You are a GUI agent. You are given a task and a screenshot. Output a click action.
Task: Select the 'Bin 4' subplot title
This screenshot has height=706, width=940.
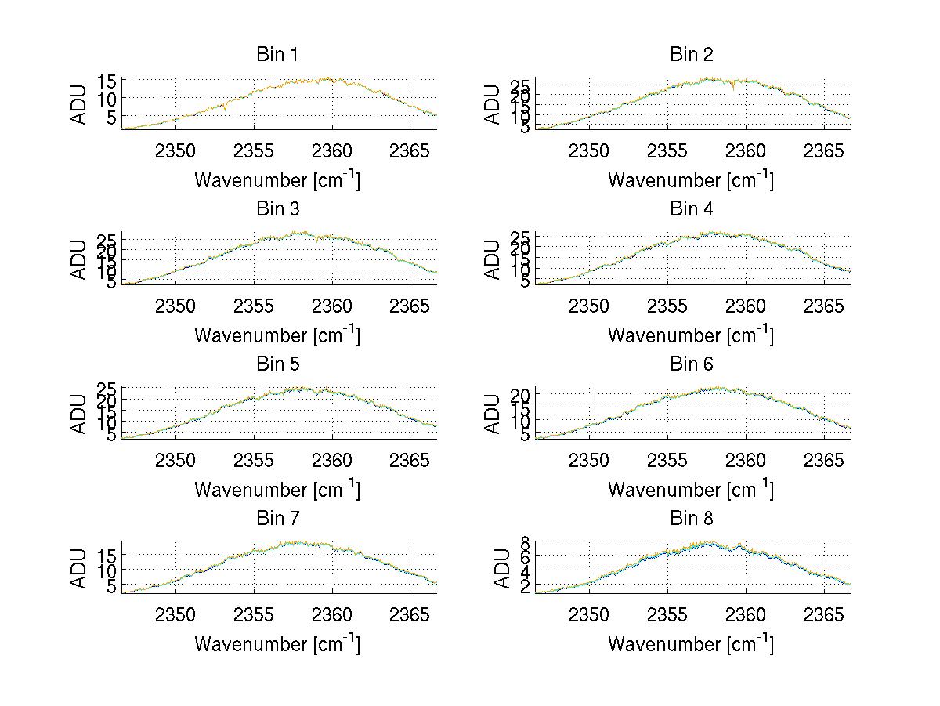click(x=691, y=209)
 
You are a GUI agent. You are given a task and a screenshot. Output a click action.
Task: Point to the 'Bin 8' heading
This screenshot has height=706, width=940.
click(x=691, y=519)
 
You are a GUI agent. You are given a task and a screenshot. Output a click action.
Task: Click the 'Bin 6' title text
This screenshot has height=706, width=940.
click(x=691, y=364)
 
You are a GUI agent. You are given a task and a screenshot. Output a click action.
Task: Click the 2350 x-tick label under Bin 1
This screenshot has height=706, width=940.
click(x=175, y=150)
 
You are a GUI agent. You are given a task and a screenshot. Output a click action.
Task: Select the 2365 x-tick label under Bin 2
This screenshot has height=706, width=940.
click(x=824, y=150)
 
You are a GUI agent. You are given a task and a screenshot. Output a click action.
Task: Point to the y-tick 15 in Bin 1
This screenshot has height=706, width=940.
click(x=108, y=81)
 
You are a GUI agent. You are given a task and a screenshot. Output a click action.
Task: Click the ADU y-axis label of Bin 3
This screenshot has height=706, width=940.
click(x=80, y=259)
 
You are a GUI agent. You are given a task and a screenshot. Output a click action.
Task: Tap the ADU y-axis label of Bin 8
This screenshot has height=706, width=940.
click(x=493, y=568)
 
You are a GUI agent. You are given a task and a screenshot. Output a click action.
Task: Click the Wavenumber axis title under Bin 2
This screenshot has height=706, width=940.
click(x=690, y=180)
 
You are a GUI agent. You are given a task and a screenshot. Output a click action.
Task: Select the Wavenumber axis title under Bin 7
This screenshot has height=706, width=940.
click(x=277, y=644)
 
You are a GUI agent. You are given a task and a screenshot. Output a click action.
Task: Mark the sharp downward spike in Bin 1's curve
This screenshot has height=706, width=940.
click(x=226, y=109)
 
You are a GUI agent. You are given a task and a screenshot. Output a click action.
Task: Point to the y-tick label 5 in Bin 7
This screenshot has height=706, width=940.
click(x=113, y=585)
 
